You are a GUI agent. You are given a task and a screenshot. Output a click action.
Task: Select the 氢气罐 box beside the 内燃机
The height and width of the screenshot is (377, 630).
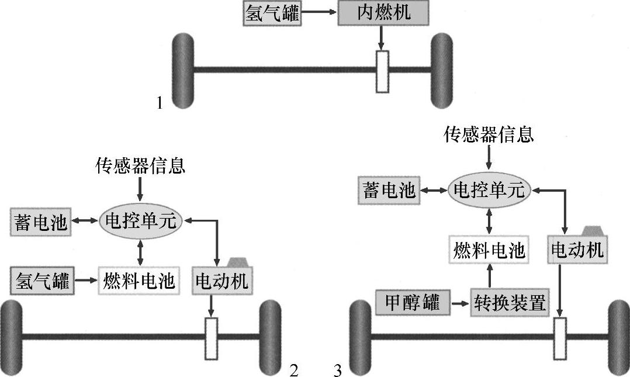pyautogui.click(x=272, y=13)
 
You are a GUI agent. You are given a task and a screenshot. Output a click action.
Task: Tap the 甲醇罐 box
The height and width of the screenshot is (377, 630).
pyautogui.click(x=413, y=303)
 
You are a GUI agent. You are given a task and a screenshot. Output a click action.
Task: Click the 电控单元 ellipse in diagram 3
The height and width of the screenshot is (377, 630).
pyautogui.click(x=490, y=191)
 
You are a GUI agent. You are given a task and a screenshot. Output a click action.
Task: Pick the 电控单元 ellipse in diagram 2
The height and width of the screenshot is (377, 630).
pyautogui.click(x=141, y=220)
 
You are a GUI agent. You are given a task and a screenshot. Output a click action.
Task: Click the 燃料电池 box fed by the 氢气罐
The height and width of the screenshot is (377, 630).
pyautogui.click(x=139, y=282)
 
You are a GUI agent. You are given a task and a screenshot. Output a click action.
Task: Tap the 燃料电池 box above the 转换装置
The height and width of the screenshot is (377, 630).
pyautogui.click(x=489, y=251)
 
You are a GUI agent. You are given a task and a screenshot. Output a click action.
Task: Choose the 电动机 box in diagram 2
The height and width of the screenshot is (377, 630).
pyautogui.click(x=221, y=282)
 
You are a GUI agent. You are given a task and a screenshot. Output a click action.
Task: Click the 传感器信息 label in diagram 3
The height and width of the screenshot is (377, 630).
pyautogui.click(x=489, y=136)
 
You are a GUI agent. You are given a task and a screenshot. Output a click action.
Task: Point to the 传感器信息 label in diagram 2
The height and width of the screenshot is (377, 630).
pyautogui.click(x=140, y=167)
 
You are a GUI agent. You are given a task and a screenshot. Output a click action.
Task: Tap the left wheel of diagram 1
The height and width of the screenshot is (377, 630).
pyautogui.click(x=183, y=70)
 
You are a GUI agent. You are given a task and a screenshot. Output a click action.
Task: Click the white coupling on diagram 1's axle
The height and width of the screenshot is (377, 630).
pyautogui.click(x=383, y=71)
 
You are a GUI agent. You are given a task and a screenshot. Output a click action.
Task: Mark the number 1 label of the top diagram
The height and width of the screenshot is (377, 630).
pyautogui.click(x=160, y=103)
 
